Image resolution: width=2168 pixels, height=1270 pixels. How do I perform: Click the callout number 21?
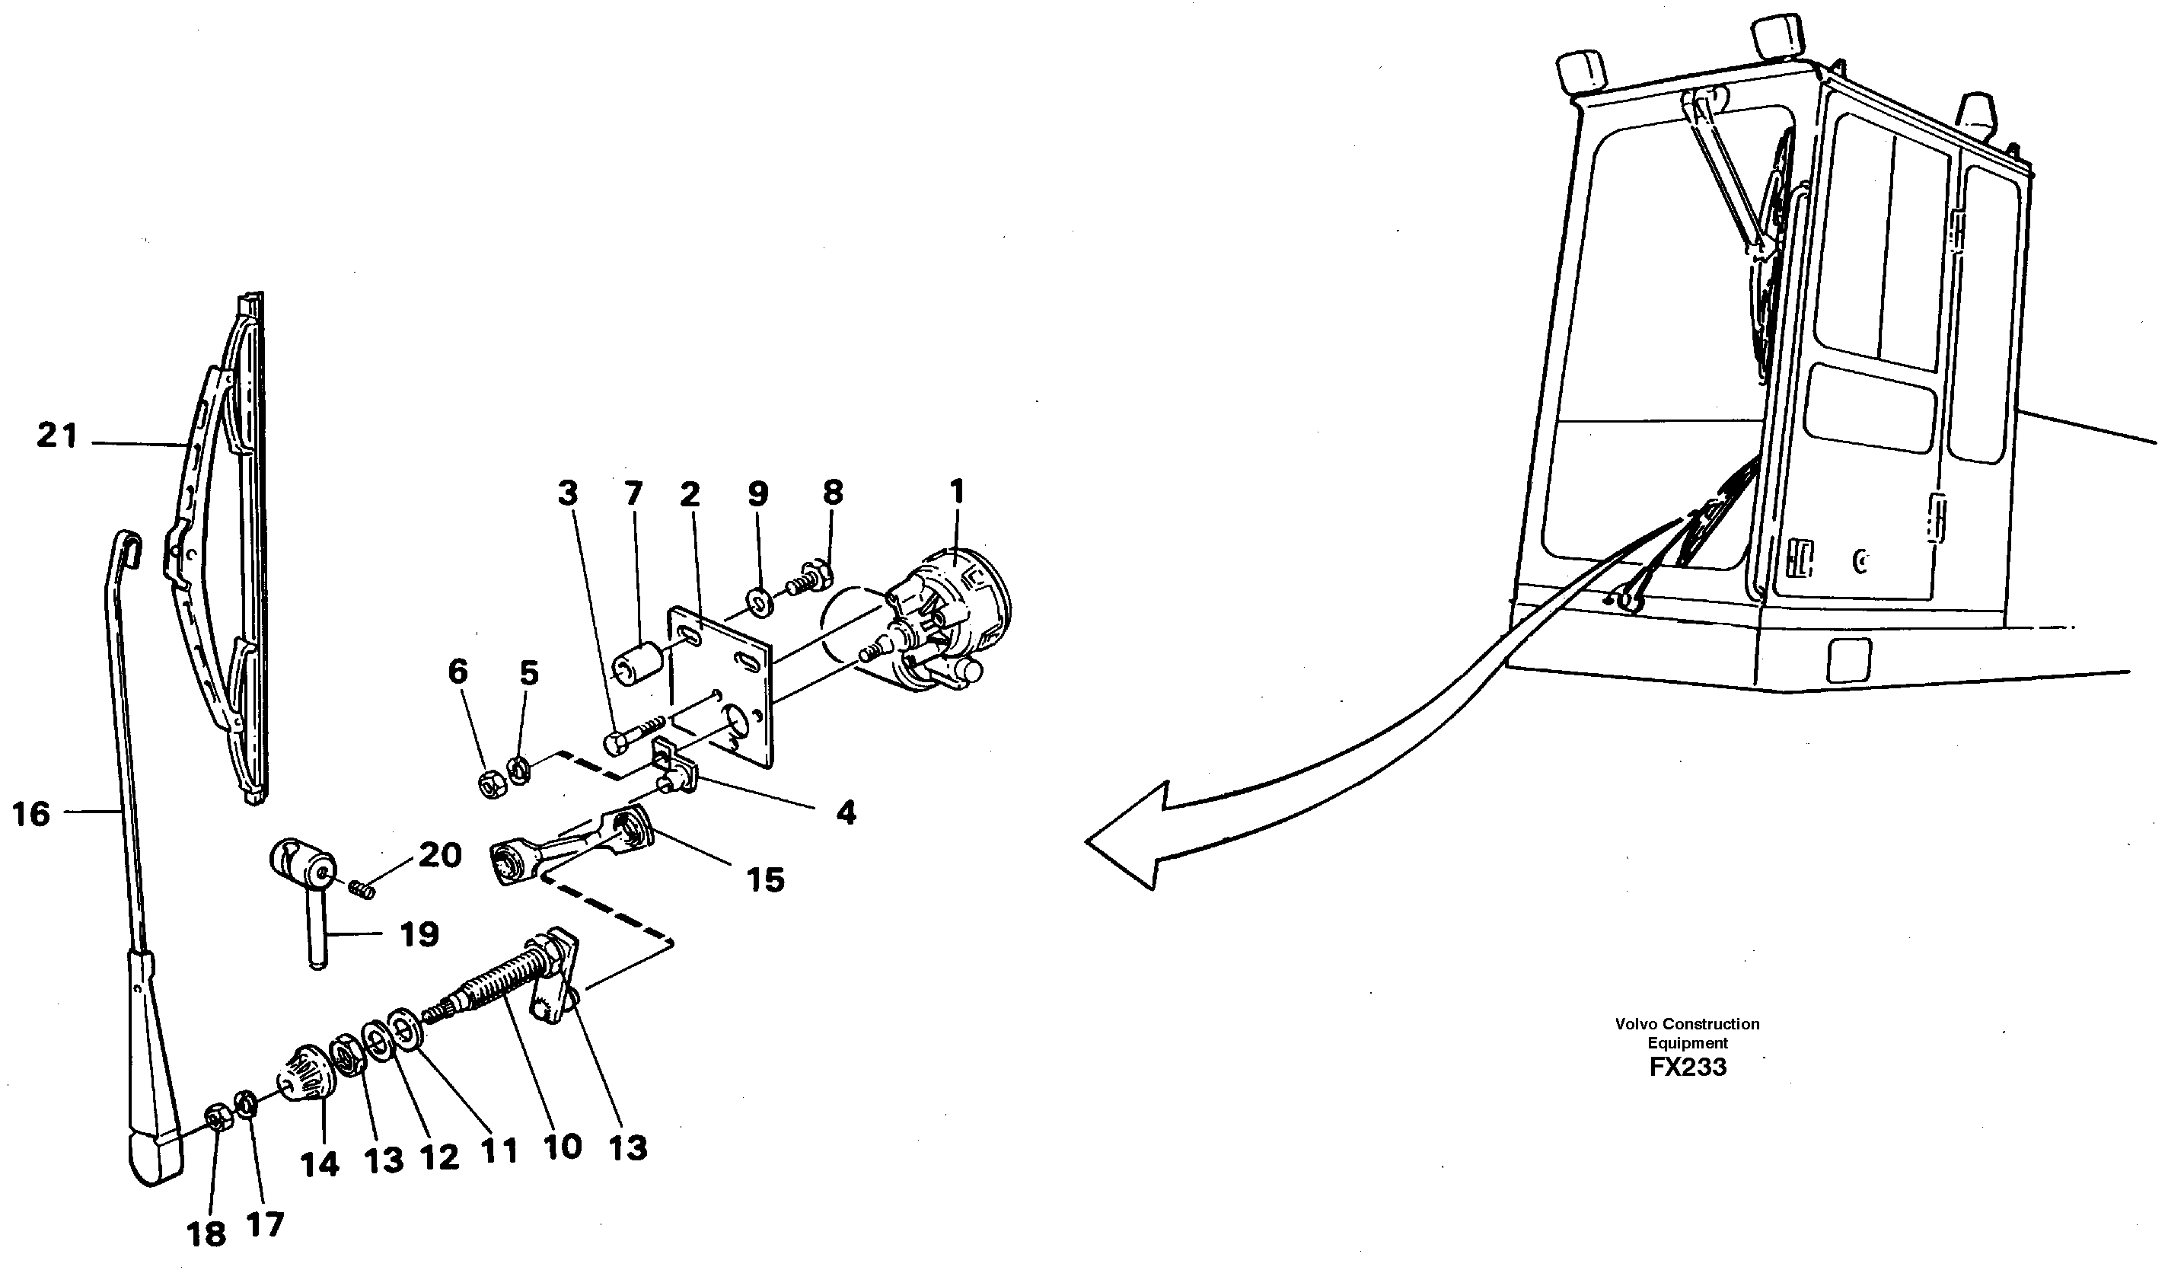coord(57,436)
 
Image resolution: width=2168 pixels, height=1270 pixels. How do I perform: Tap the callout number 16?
coord(32,813)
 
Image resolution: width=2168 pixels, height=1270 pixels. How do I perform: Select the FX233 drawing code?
coord(1687,1067)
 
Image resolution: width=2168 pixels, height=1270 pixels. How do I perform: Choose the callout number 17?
coord(265,1224)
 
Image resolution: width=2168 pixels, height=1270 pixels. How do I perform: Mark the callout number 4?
coord(846,812)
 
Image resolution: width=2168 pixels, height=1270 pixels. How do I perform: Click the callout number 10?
coord(563,1147)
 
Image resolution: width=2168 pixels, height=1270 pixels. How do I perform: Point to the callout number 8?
coord(832,492)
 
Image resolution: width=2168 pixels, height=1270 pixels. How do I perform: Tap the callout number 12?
coord(440,1158)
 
